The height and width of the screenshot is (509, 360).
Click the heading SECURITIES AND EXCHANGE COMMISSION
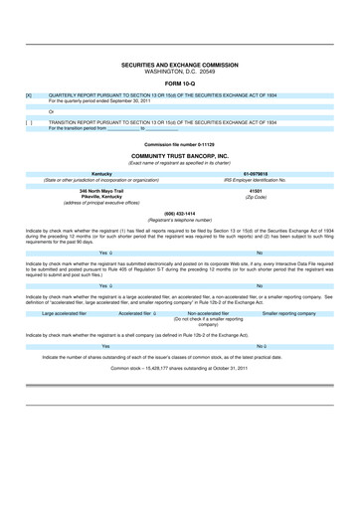point(180,63)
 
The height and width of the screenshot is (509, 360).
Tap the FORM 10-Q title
point(180,82)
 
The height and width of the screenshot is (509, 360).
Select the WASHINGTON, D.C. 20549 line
point(180,70)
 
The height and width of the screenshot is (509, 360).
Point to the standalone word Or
point(51,111)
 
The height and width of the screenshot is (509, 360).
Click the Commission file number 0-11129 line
point(180,145)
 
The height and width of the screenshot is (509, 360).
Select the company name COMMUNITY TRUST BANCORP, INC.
point(180,156)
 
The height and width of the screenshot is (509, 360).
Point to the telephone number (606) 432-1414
point(180,214)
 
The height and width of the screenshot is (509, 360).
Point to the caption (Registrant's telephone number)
point(180,220)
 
